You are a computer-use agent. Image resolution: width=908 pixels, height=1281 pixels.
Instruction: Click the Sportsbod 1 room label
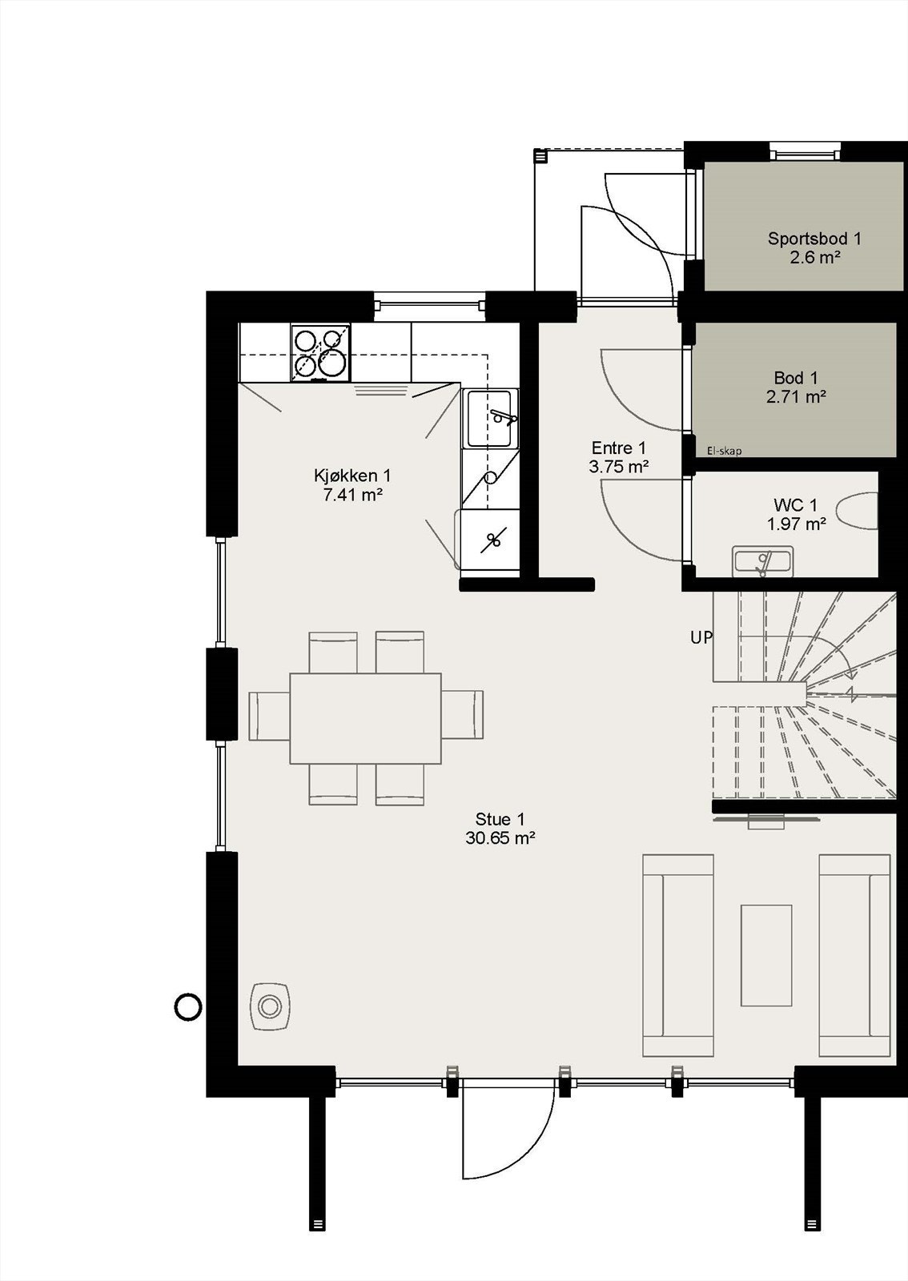(x=814, y=239)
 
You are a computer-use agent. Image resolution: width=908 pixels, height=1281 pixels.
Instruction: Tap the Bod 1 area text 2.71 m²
(x=796, y=396)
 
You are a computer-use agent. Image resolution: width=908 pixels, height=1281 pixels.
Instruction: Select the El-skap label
(x=724, y=452)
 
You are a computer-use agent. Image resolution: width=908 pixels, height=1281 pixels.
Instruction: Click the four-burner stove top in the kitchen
(x=320, y=352)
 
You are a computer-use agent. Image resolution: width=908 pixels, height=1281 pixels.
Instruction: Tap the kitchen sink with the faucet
(x=491, y=418)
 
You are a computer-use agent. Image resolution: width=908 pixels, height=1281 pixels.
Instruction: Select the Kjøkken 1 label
(x=352, y=476)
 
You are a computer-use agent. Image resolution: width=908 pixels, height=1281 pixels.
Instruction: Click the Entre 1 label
(x=618, y=448)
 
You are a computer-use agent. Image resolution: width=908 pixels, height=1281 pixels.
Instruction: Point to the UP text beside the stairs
(x=701, y=638)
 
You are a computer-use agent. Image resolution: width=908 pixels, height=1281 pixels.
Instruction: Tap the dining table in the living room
(x=365, y=718)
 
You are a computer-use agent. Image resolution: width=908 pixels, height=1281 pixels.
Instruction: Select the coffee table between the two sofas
(x=765, y=954)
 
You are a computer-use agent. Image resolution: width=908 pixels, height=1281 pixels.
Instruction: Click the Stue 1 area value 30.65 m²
(x=500, y=839)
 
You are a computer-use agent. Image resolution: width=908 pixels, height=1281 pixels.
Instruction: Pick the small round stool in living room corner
(x=270, y=1006)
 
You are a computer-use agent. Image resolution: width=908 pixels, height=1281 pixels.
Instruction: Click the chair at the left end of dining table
(x=268, y=716)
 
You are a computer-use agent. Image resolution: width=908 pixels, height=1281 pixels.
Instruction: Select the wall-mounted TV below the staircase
(x=765, y=820)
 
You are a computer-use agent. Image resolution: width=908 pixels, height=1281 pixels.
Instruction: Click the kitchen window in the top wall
(x=430, y=305)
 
